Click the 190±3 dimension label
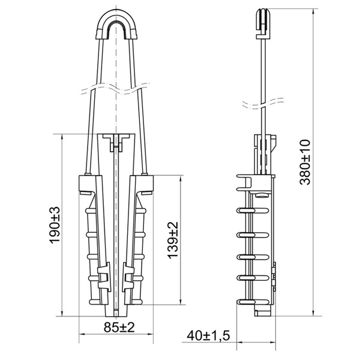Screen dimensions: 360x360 pyautogui.click(x=55, y=225)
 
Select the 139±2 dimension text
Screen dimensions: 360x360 pyautogui.click(x=173, y=240)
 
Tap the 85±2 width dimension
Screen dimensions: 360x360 pyautogui.click(x=119, y=327)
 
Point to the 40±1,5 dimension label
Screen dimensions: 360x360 pyautogui.click(x=208, y=335)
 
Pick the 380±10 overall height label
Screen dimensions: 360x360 pyautogui.click(x=305, y=162)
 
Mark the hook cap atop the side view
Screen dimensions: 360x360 pyautogui.click(x=263, y=23)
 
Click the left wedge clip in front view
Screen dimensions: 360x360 pyautogui.click(x=104, y=278)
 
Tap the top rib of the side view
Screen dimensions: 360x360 pyautogui.click(x=253, y=210)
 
